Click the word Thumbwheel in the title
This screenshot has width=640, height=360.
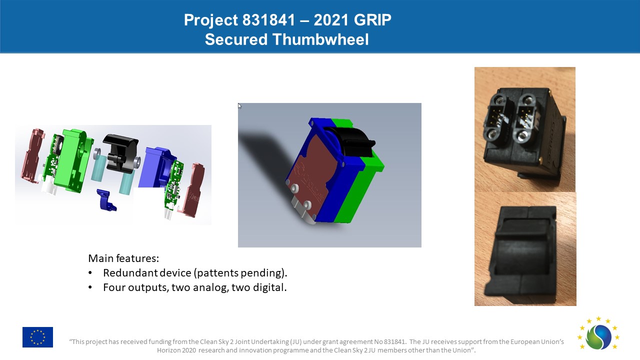point(320,39)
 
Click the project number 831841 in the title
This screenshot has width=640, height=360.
point(268,20)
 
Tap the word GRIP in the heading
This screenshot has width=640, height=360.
point(372,20)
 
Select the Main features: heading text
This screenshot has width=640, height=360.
point(123,258)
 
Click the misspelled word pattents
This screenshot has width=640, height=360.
point(216,273)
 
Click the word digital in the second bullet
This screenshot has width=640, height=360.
point(269,287)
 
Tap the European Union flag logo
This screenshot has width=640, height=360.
point(37,337)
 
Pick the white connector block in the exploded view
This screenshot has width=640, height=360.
point(49,184)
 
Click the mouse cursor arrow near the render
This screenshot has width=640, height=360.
point(239,106)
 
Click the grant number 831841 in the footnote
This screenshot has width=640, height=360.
point(394,341)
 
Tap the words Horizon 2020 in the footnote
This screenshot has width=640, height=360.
point(176,350)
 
